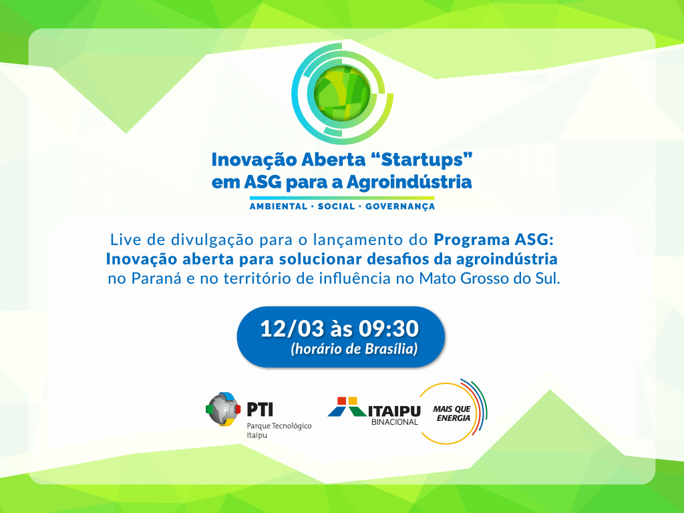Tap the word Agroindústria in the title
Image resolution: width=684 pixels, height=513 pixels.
409,182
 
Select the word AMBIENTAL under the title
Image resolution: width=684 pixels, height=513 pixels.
279,206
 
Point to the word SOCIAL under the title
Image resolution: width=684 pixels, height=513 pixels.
337,206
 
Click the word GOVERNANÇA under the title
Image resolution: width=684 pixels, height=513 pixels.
400,207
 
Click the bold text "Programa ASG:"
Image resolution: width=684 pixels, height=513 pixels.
494,240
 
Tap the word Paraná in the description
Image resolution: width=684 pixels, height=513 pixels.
156,279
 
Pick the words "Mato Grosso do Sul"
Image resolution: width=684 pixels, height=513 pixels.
490,279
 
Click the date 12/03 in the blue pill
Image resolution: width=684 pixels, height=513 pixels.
293,329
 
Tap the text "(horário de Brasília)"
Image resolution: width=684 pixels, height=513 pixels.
354,349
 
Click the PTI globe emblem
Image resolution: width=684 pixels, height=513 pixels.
223,409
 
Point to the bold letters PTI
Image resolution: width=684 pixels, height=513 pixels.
260,409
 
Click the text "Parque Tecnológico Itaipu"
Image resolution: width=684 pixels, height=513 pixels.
279,430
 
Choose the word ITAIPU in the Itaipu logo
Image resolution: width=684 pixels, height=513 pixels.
394,411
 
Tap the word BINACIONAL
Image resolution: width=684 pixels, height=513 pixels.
395,422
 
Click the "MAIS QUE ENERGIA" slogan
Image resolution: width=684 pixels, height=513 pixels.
452,413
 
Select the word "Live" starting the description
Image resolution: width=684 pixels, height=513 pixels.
122,240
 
